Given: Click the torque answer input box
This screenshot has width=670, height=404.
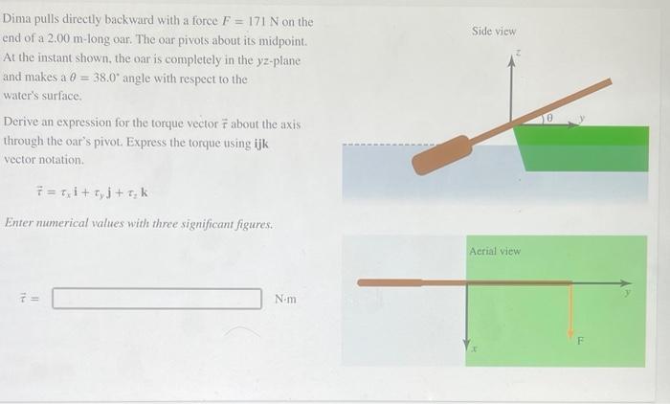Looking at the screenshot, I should coord(157,299).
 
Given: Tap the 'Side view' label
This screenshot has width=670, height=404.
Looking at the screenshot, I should coord(494,32).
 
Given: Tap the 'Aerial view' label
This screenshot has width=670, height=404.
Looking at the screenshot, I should coord(495,251).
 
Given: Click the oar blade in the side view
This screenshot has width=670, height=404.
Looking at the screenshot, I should coord(441,155).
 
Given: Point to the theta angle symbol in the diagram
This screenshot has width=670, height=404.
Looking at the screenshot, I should coord(548,116).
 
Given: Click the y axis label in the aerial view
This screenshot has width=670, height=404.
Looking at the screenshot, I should coord(628,294).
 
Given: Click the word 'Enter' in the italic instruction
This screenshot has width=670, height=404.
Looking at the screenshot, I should coord(21,224).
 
